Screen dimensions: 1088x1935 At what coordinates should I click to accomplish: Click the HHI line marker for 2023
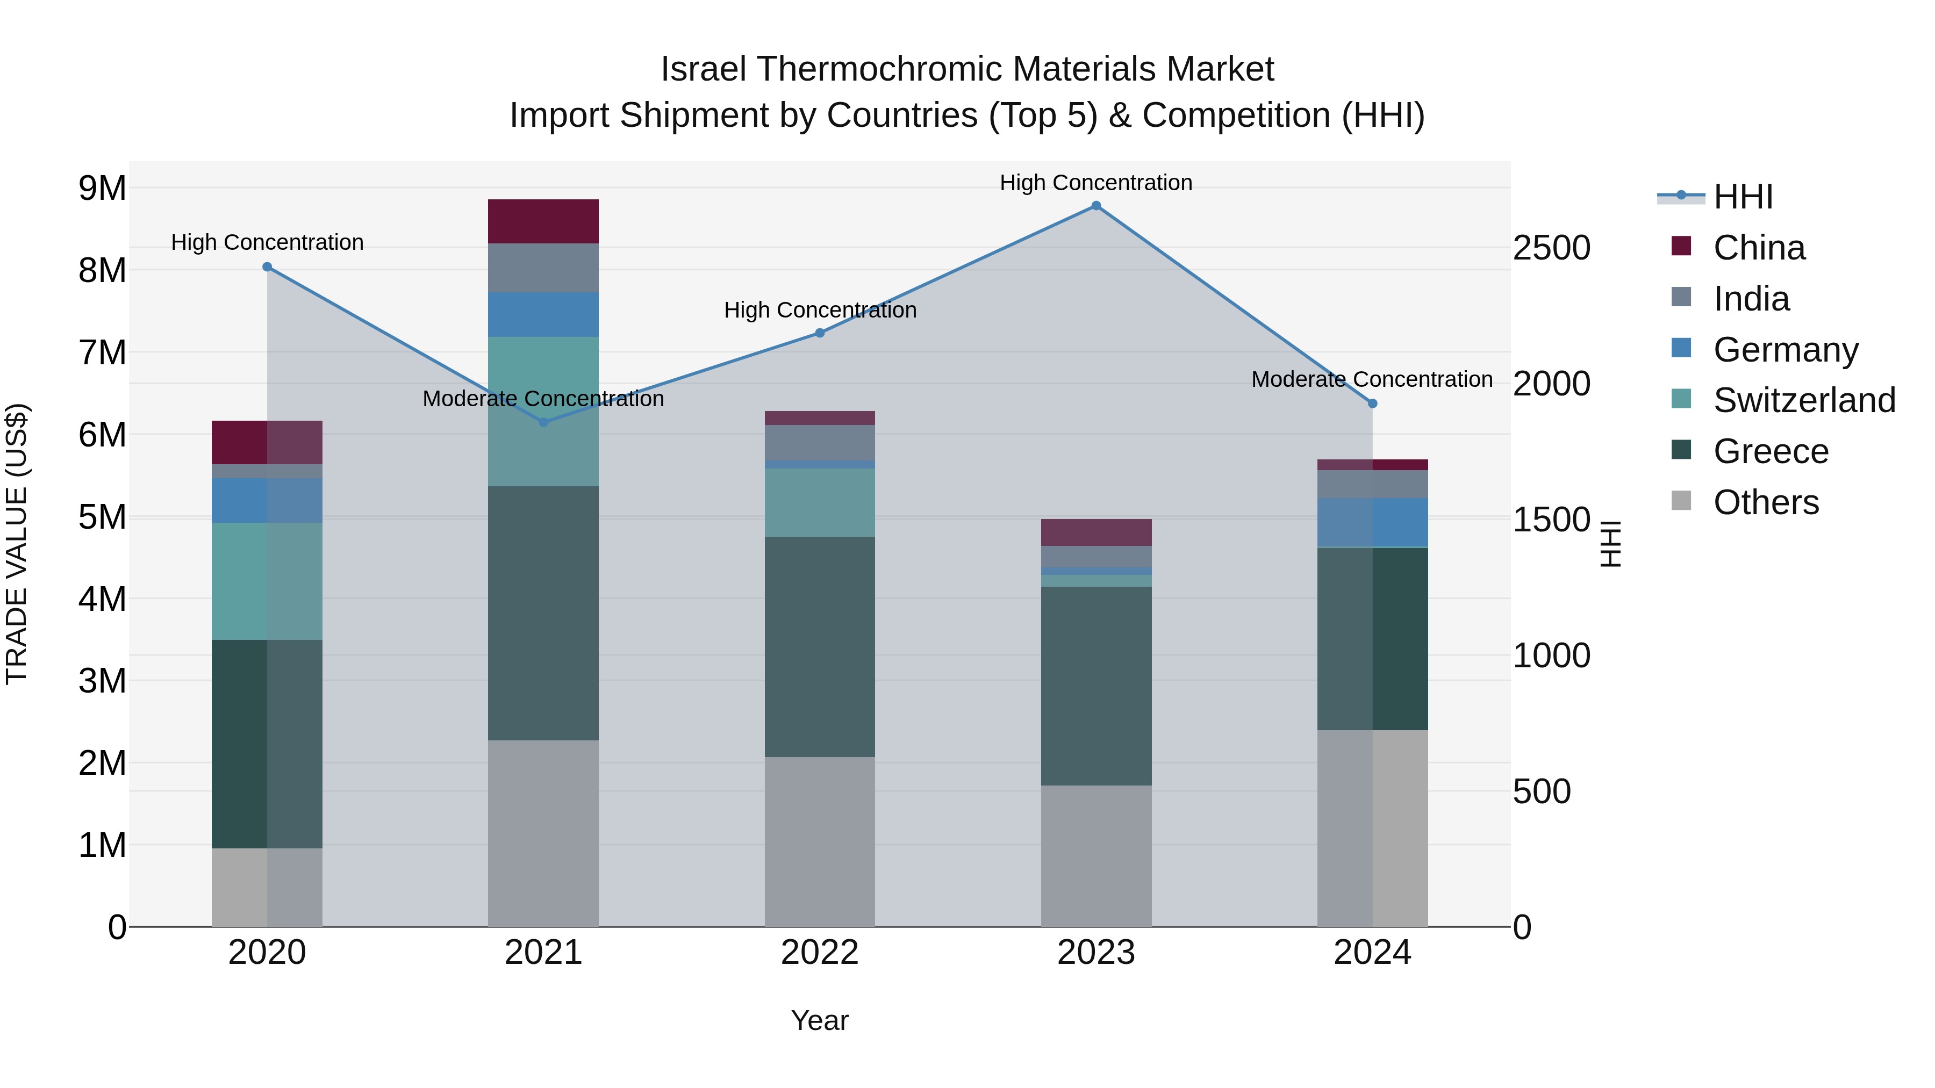tap(1096, 206)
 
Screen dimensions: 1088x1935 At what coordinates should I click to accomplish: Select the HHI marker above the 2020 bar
tap(268, 266)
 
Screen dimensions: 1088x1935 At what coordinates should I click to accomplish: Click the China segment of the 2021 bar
tap(543, 221)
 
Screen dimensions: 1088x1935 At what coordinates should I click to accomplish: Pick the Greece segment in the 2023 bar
tap(1096, 686)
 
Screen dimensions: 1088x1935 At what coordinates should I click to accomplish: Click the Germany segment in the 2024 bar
tap(1372, 523)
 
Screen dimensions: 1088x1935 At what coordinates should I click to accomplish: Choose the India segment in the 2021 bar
tap(543, 268)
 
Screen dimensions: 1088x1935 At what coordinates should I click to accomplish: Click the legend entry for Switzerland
tap(1803, 400)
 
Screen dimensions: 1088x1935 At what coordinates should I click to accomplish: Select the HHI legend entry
tap(1743, 197)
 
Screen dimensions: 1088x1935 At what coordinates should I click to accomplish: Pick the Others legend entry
tap(1765, 502)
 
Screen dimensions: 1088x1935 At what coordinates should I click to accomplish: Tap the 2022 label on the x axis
tap(820, 953)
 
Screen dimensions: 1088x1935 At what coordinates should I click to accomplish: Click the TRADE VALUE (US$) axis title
tap(17, 544)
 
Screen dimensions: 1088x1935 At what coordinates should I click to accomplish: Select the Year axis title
tap(820, 1020)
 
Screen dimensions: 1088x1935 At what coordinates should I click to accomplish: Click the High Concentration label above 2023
tap(1096, 183)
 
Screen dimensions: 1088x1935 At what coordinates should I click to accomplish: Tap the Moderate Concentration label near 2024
tap(1372, 379)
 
